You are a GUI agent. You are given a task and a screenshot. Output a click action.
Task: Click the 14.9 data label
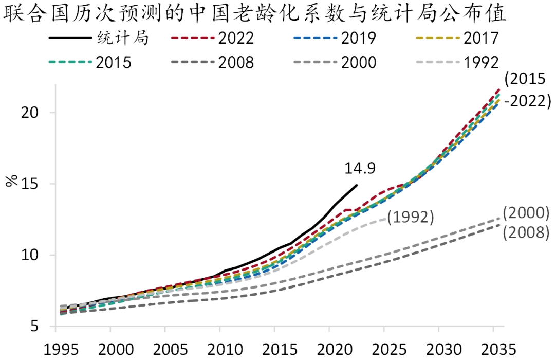click(x=359, y=168)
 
